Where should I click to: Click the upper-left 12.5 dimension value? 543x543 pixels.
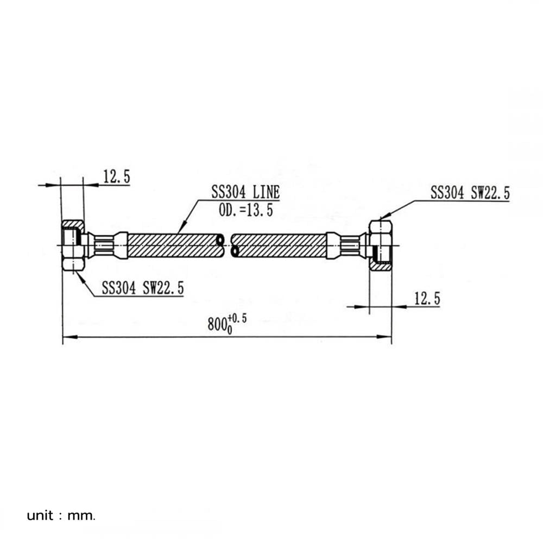coord(117,176)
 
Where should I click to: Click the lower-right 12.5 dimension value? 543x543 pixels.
coord(427,299)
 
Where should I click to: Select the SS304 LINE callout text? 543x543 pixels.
coord(245,192)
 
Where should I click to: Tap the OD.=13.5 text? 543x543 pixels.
coord(246,210)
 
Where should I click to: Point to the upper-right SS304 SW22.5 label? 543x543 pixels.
coord(470,193)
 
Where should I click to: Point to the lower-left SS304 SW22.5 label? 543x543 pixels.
coord(143,288)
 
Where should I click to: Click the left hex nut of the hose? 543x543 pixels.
coord(73,245)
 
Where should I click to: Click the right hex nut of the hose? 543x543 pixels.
coord(380,245)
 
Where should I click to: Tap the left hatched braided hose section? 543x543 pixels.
coord(174,245)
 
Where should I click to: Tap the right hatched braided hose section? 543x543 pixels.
coord(280,245)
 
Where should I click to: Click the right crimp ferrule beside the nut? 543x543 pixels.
coord(347,245)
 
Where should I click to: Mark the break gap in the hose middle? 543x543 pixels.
coord(227,245)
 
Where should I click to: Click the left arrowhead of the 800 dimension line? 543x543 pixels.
coord(70,337)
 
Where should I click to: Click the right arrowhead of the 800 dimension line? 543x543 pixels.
coord(384,337)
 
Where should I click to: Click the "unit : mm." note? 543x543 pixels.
coord(61,516)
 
